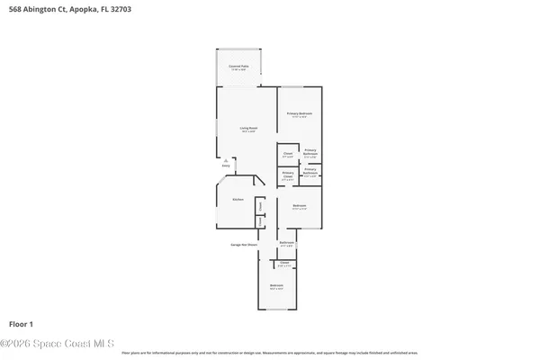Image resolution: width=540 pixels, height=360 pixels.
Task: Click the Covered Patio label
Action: point(238,67)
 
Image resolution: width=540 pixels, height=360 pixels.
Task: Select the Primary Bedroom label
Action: point(300,114)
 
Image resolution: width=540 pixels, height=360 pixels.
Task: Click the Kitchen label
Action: point(238,199)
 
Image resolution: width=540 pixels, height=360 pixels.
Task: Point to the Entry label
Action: point(226,166)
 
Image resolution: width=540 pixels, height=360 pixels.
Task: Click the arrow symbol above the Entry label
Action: point(226,160)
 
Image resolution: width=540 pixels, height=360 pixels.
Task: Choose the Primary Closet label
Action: point(288,175)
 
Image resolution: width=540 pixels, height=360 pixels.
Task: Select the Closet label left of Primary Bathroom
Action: point(287,154)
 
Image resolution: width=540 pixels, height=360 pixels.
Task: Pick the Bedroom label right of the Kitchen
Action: point(300,207)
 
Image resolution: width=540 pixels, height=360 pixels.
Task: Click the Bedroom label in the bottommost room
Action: point(276,286)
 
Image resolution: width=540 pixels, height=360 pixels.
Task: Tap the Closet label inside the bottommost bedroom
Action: point(284,264)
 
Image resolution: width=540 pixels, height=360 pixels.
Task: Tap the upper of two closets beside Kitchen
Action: point(259,206)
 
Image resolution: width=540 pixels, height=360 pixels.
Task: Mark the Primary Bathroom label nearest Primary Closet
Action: point(310,171)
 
